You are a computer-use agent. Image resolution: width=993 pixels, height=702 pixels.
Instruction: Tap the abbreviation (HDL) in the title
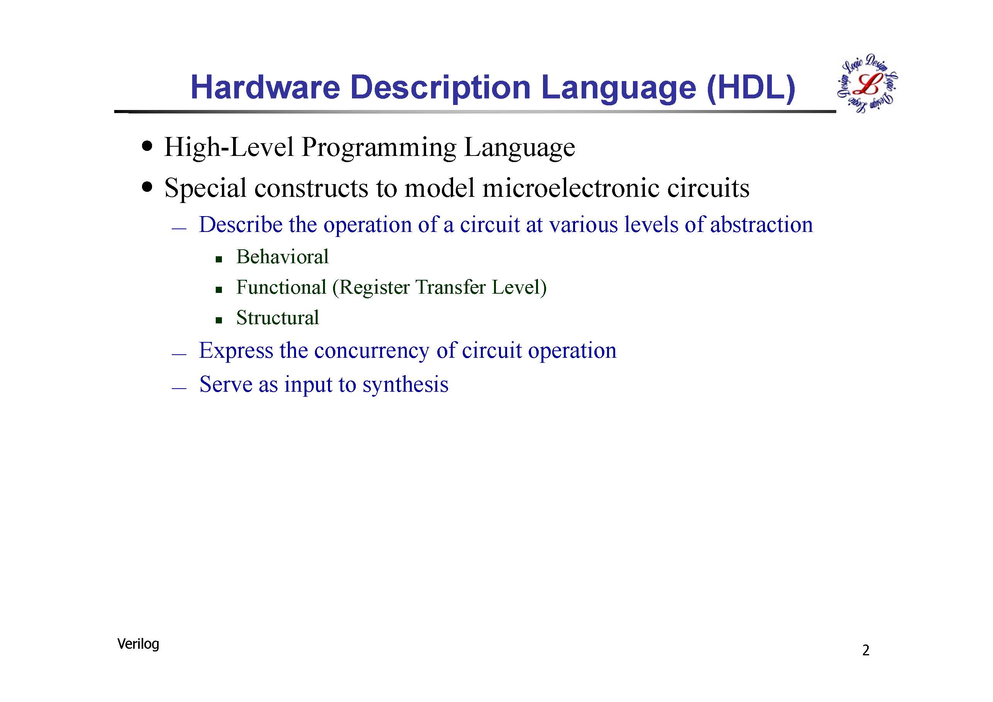point(750,88)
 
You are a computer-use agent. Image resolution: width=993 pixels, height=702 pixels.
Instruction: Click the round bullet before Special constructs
point(147,187)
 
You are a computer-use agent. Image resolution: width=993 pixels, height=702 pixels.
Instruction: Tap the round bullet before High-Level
point(147,146)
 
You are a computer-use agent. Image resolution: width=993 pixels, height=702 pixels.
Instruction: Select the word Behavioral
point(283,257)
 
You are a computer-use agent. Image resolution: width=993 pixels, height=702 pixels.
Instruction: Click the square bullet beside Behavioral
point(219,259)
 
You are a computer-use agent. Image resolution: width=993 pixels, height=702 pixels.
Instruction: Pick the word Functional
point(281,288)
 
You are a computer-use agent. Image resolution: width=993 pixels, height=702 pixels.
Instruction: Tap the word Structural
point(277,318)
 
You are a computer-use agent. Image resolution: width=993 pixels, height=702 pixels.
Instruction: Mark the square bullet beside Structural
point(219,320)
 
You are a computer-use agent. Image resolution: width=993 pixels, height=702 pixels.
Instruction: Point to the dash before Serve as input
point(179,388)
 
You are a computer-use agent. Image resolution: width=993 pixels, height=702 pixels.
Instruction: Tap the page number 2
point(866,651)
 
